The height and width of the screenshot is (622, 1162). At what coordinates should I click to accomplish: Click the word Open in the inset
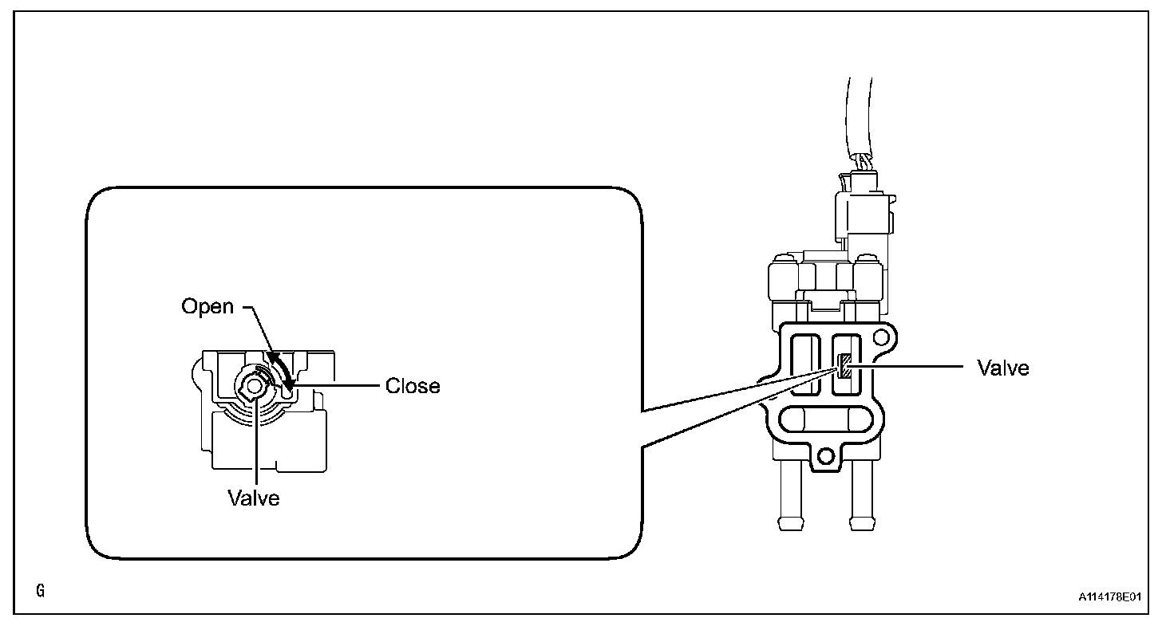click(207, 306)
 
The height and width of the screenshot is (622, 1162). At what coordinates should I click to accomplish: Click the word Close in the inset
click(413, 386)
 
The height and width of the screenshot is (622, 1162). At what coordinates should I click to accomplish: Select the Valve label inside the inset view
click(254, 498)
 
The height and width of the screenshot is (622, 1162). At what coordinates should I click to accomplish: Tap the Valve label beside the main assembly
click(1003, 368)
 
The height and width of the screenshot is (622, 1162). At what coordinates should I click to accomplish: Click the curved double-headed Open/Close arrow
click(281, 368)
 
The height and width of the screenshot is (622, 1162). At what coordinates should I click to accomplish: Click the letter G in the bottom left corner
click(41, 591)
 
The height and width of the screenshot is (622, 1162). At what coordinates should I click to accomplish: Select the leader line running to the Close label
click(335, 386)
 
